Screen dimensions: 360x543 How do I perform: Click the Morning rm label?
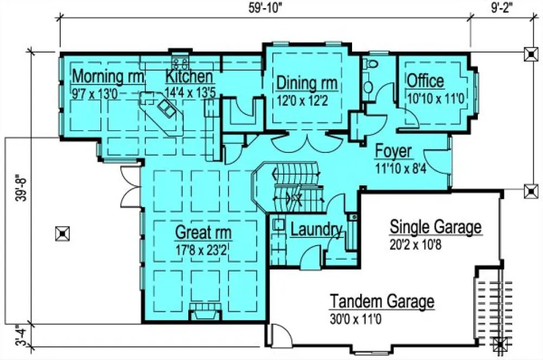coord(108,76)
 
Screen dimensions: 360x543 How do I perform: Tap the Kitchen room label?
coord(189,76)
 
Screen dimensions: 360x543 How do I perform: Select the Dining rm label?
coord(307,83)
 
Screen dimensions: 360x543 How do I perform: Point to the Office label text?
coord(425,81)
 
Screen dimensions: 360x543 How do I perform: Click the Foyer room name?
coord(393,151)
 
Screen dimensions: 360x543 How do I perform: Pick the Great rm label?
coord(203,233)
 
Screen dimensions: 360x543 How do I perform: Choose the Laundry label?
coord(316,229)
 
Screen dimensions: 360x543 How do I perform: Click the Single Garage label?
coord(436,227)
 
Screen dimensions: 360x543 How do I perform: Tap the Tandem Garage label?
coord(382,301)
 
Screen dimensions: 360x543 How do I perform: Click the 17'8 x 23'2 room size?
coord(203,250)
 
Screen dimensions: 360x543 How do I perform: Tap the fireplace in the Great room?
coord(205,314)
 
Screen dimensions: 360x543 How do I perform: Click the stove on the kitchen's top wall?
coord(180,60)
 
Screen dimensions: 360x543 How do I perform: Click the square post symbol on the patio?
coord(62,233)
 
